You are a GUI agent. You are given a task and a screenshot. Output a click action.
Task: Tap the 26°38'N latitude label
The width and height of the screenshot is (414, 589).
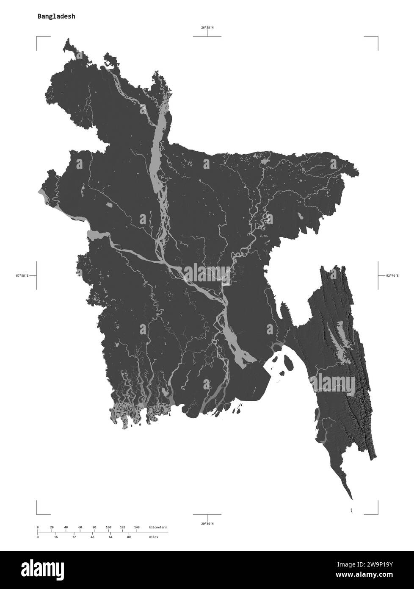(x=207, y=28)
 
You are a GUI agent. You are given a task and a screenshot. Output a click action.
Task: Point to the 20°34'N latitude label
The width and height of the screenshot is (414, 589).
(x=207, y=524)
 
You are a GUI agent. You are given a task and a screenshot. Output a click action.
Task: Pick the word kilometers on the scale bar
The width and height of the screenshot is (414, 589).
(x=158, y=527)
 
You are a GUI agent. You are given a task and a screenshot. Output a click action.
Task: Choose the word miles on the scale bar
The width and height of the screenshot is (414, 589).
(x=153, y=537)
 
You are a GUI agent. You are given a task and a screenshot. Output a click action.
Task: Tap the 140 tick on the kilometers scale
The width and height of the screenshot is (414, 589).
(x=137, y=527)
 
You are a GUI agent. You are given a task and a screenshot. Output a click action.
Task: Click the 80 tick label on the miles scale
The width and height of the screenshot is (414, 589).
(x=129, y=537)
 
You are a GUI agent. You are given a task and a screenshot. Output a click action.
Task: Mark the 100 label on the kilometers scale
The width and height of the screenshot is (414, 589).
(x=108, y=527)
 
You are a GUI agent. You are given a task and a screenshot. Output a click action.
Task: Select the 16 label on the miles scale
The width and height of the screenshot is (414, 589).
(x=56, y=537)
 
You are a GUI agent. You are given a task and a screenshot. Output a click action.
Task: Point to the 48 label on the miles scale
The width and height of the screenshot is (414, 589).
(x=92, y=537)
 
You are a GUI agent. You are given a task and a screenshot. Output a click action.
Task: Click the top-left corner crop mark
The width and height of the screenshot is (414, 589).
(x=37, y=37)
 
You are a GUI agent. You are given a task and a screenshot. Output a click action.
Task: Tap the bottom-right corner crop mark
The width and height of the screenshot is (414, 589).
(x=377, y=513)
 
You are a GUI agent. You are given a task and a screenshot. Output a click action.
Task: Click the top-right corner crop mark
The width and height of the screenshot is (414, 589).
(x=377, y=37)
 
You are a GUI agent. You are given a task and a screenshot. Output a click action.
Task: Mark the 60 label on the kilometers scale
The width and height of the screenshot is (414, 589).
(x=80, y=527)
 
